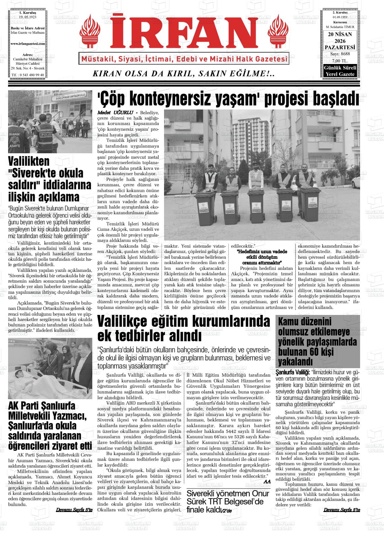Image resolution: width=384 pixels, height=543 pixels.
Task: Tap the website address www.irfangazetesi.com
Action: pos(28,44)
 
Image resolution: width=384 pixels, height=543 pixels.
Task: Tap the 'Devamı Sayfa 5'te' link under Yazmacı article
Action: pos(74,510)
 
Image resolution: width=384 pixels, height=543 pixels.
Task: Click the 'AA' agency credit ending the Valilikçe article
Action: pos(267,482)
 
